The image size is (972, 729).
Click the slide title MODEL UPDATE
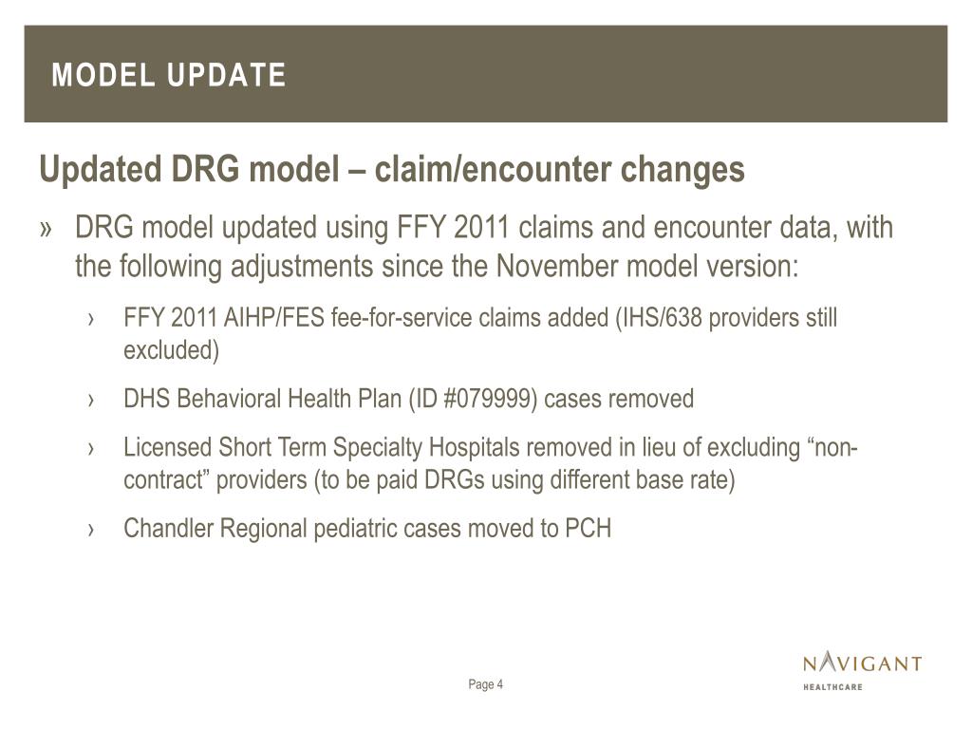pyautogui.click(x=169, y=75)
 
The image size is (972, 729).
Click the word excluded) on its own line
pyautogui.click(x=171, y=350)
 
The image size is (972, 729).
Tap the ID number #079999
pyautogui.click(x=488, y=399)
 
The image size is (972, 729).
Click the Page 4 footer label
pyautogui.click(x=485, y=684)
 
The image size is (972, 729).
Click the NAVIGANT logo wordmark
pyautogui.click(x=862, y=663)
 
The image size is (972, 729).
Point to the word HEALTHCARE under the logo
pyautogui.click(x=832, y=686)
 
